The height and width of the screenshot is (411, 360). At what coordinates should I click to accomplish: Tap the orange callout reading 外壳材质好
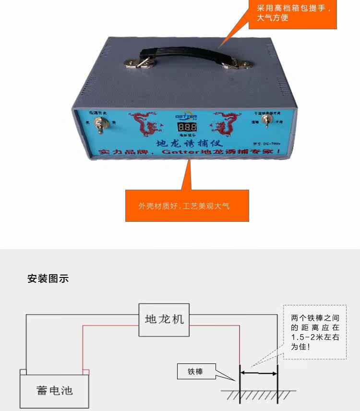187,205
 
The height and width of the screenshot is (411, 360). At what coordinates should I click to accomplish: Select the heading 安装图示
48,278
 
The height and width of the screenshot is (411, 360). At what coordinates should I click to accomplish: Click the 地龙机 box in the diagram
165,319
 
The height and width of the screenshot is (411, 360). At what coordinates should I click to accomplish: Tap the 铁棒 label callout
196,372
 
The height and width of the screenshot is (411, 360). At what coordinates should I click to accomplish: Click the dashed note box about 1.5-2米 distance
315,331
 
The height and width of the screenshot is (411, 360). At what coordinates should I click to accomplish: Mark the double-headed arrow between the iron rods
259,372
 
